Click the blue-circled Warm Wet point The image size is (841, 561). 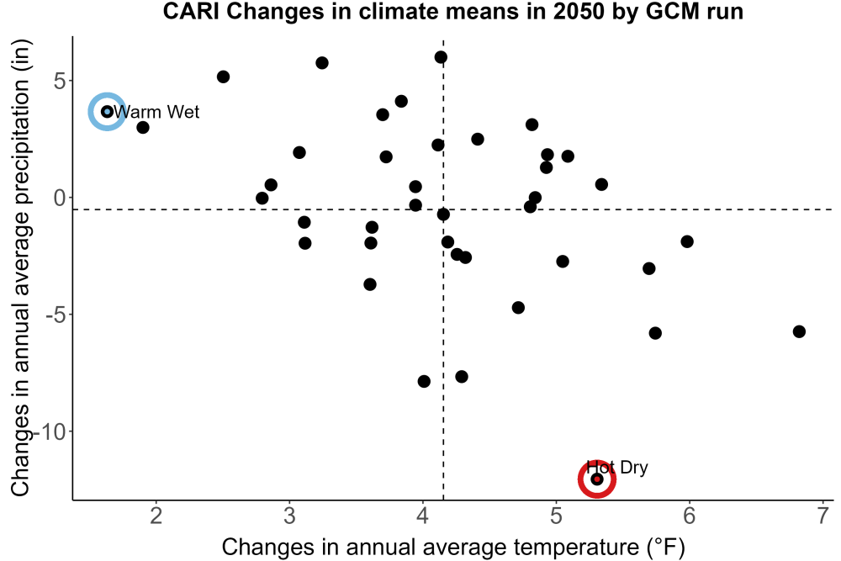tap(108, 112)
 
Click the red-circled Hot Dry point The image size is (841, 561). tap(597, 479)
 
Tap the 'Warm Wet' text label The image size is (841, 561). tap(156, 112)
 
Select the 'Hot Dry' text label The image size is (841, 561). tap(616, 467)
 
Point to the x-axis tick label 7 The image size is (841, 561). tap(822, 516)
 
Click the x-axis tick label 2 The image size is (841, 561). tap(156, 516)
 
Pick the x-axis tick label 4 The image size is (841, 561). tap(423, 516)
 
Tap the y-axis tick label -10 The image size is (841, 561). tap(50, 431)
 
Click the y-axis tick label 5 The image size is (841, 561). tap(60, 81)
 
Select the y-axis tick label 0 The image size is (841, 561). tap(60, 198)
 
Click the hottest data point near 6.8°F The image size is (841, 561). tap(799, 331)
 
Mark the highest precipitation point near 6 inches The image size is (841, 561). tap(441, 57)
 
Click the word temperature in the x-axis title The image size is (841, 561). tap(576, 548)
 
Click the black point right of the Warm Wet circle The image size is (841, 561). tap(143, 128)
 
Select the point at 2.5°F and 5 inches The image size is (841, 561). tap(223, 77)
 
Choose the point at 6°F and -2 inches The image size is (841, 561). tap(687, 241)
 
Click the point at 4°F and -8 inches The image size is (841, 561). tap(424, 381)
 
